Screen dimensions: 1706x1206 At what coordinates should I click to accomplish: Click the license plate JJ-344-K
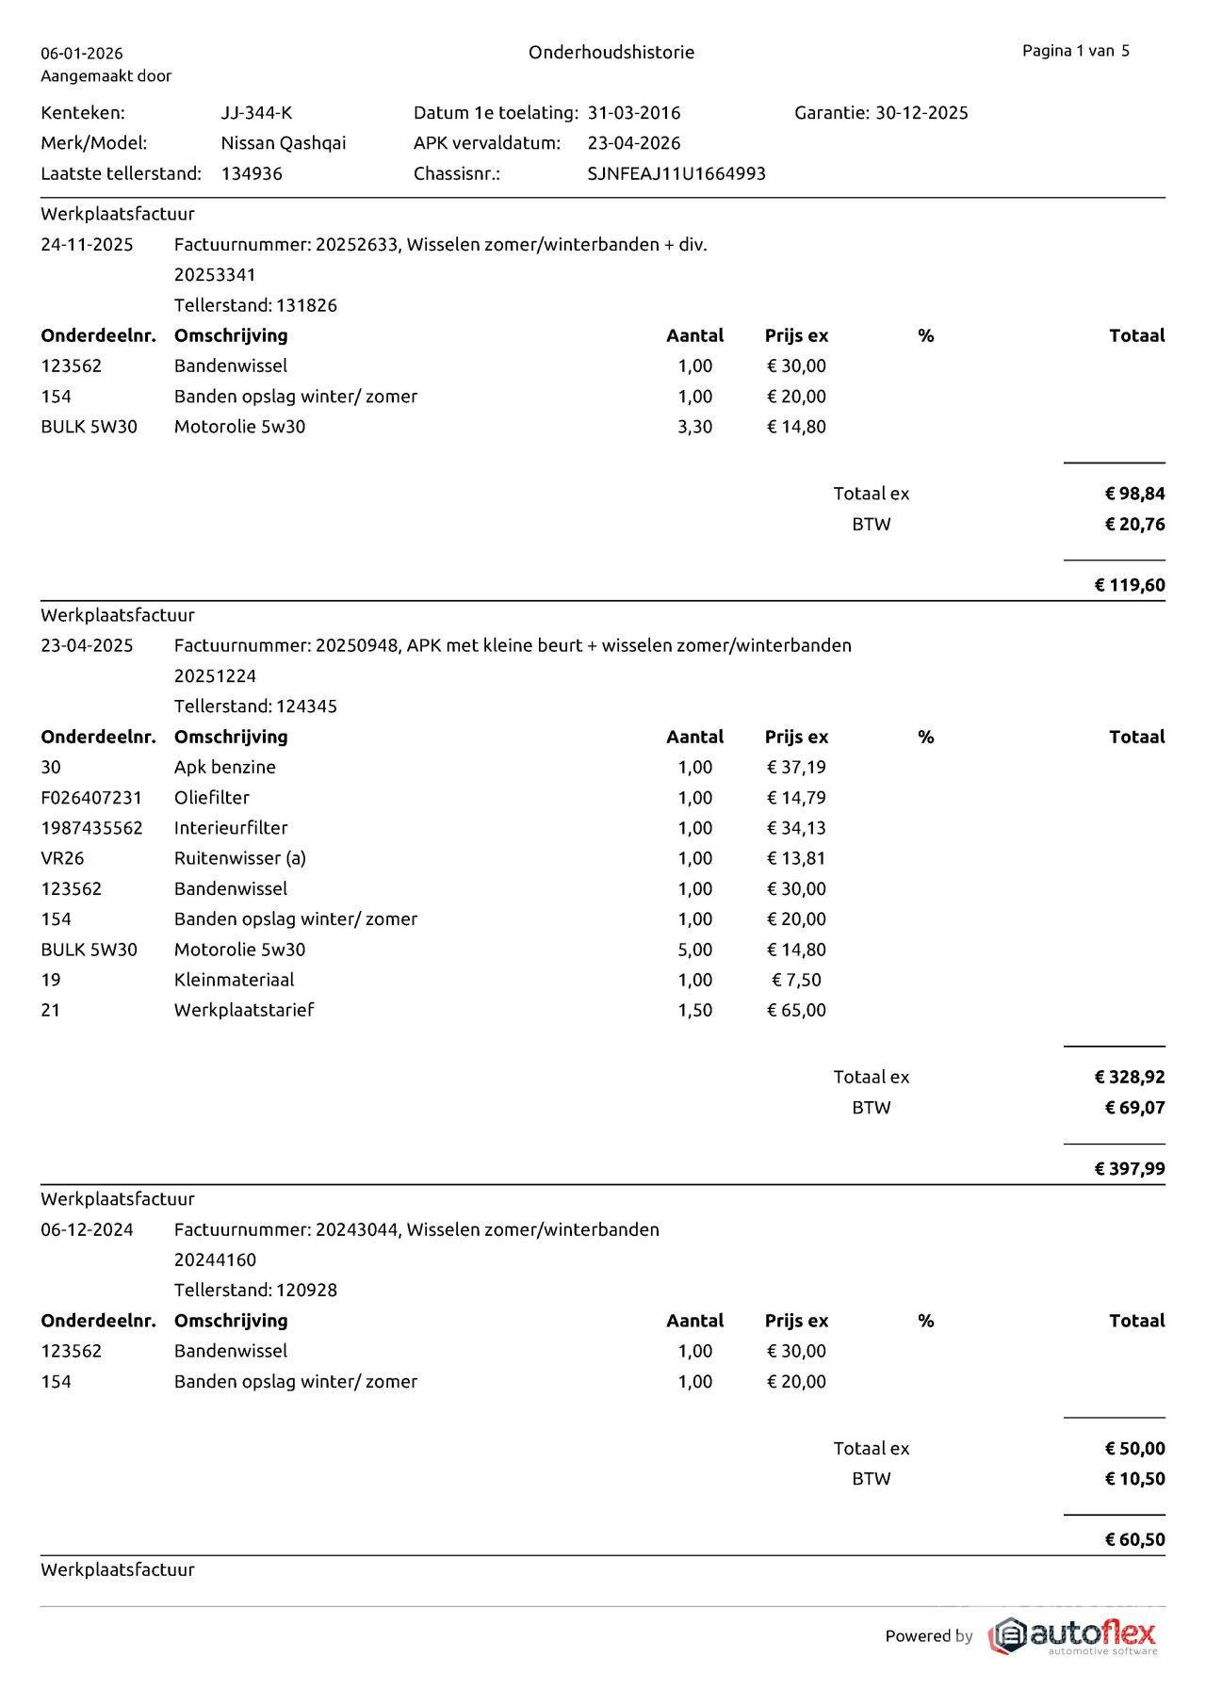[x=256, y=113]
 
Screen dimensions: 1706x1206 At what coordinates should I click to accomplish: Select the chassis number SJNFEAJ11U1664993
[x=676, y=173]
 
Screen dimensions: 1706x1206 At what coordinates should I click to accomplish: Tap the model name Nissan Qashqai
[x=283, y=143]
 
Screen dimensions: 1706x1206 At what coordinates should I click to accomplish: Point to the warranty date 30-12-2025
[x=921, y=113]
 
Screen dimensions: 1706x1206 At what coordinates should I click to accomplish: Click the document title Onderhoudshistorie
[x=611, y=53]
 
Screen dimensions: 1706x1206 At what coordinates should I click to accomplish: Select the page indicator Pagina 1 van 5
[x=1075, y=51]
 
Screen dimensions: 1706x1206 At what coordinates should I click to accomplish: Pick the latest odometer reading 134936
[x=252, y=173]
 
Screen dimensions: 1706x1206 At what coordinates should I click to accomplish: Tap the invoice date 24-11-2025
[x=87, y=245]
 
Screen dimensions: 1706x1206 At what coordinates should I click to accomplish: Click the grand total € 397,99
[x=1129, y=1168]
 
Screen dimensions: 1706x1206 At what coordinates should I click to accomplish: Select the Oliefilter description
[x=212, y=798]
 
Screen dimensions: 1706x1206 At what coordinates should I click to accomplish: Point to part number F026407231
[x=91, y=798]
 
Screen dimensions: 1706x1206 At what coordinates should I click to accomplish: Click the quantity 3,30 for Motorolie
[x=694, y=427]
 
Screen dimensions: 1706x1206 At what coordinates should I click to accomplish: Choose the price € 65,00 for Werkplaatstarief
[x=796, y=1010]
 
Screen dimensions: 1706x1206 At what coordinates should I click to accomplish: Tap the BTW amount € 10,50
[x=1134, y=1478]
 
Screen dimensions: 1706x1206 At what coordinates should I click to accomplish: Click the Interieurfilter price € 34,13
[x=796, y=828]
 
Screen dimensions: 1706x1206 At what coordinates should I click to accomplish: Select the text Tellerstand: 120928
[x=255, y=1290]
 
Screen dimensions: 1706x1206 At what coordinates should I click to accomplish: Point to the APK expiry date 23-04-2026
[x=633, y=143]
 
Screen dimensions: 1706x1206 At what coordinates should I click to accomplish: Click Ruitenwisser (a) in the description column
[x=239, y=858]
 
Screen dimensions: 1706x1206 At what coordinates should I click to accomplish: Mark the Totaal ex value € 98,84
[x=1134, y=494]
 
